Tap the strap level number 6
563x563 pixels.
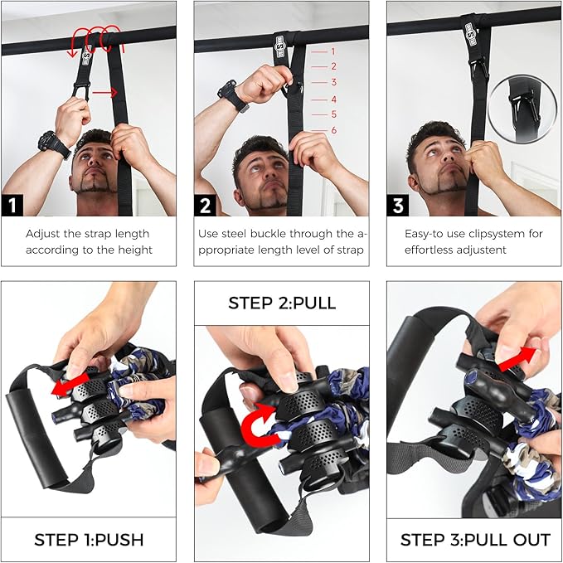pyautogui.click(x=333, y=130)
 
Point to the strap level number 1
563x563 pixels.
pyautogui.click(x=333, y=51)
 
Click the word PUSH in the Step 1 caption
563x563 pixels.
pyautogui.click(x=121, y=540)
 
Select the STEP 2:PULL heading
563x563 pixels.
pyautogui.click(x=282, y=303)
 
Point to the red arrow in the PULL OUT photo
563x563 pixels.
pyautogui.click(x=515, y=354)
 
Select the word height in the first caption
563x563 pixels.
pyautogui.click(x=135, y=250)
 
